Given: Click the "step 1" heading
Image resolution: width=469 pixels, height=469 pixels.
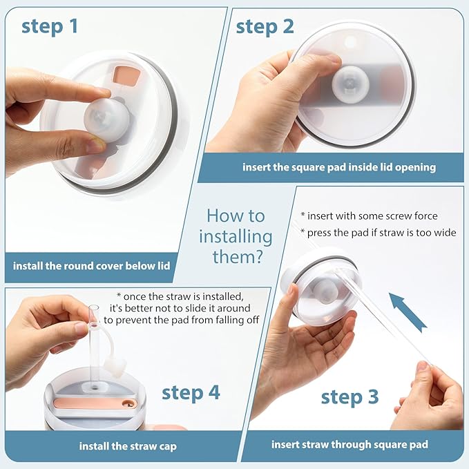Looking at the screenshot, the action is click(x=50, y=26).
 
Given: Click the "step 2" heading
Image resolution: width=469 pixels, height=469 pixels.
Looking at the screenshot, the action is click(x=265, y=27).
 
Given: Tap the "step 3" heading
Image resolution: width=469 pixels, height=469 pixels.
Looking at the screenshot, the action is click(x=350, y=397).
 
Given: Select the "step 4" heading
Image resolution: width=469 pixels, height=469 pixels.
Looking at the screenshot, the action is click(x=191, y=393).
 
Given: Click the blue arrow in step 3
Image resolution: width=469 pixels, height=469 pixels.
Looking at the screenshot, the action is click(x=408, y=312).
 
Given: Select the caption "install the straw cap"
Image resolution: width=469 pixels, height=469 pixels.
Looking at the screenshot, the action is click(x=128, y=446).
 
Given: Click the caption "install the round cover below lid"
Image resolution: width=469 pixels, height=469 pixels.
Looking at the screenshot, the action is click(x=92, y=266).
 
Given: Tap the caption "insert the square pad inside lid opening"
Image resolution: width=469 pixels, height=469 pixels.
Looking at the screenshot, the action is click(x=339, y=167).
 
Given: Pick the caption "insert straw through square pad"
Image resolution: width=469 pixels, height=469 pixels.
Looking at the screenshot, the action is click(x=350, y=444).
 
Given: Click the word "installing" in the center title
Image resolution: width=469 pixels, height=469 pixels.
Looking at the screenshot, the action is click(x=236, y=237).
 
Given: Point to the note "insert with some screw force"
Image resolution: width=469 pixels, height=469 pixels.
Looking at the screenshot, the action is click(x=369, y=216).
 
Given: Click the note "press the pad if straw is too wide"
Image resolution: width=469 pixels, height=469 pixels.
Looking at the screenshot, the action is click(x=379, y=233).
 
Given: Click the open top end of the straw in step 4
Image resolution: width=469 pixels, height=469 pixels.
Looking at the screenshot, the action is click(x=94, y=308).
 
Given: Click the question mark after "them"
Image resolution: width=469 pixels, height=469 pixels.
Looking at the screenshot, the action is click(x=258, y=257).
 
